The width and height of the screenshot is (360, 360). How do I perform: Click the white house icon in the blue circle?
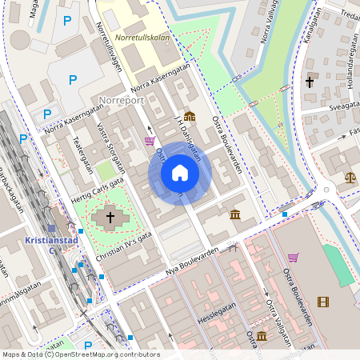pos(179,173)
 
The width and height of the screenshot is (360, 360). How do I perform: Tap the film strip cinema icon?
pos(322,302)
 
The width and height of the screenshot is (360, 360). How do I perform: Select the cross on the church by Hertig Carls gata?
pos(110,217)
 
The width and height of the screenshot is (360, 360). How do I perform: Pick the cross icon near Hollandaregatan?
pos(309,82)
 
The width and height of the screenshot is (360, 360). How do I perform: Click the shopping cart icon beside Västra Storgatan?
pos(150,141)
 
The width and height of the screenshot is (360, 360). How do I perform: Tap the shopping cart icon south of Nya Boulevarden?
pos(293,258)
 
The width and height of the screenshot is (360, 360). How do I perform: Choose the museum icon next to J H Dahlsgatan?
pos(189,116)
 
